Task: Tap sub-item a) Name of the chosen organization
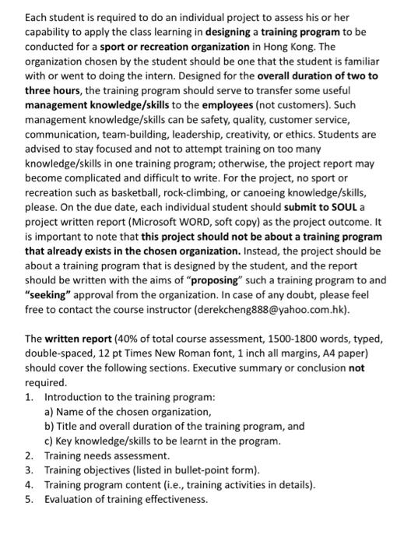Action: pyautogui.click(x=128, y=412)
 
